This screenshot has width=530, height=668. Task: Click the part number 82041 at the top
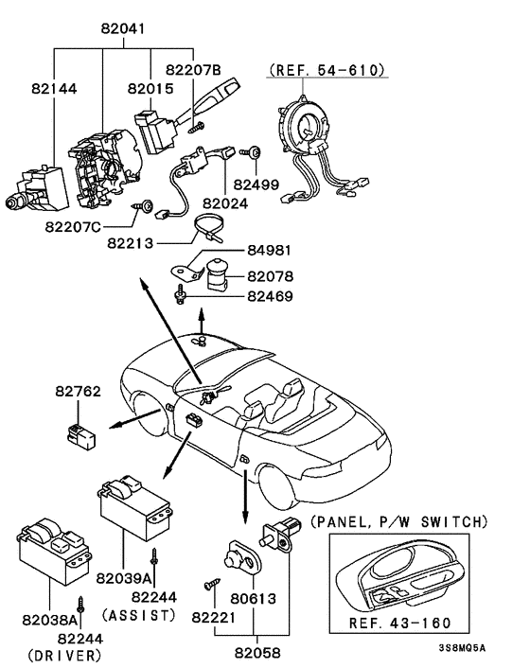pyautogui.click(x=123, y=28)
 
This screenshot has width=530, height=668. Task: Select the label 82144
pyautogui.click(x=54, y=89)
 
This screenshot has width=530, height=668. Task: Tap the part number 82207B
pyautogui.click(x=193, y=69)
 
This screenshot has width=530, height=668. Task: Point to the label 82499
pyautogui.click(x=256, y=185)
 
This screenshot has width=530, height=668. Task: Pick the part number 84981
pyautogui.click(x=270, y=250)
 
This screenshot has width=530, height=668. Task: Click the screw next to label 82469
pyautogui.click(x=180, y=294)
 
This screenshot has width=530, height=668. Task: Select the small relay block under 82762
pyautogui.click(x=81, y=436)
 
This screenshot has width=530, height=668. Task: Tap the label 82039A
pyautogui.click(x=124, y=578)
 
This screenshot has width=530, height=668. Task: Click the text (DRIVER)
pyautogui.click(x=64, y=655)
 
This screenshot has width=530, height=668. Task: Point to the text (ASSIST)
pyautogui.click(x=139, y=615)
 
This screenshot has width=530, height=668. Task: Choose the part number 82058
pyautogui.click(x=257, y=653)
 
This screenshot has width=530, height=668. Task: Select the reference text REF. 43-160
pyautogui.click(x=399, y=623)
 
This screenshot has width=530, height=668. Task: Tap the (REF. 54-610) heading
pyautogui.click(x=327, y=69)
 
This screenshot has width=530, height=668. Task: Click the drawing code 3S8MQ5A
pyautogui.click(x=462, y=648)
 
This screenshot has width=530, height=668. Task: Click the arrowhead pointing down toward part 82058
pyautogui.click(x=245, y=519)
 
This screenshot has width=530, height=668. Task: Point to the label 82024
pyautogui.click(x=225, y=203)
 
